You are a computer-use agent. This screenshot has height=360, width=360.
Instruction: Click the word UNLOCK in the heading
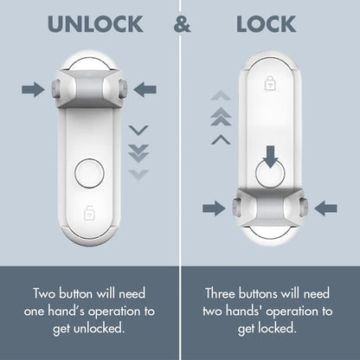95,23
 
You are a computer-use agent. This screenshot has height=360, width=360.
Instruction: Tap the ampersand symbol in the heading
183,23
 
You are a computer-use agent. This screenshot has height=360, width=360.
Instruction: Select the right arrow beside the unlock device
145,88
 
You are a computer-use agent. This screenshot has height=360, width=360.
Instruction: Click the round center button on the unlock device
89,173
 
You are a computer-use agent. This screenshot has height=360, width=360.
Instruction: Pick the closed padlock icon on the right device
269,83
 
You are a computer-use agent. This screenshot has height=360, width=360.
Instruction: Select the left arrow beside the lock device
213,208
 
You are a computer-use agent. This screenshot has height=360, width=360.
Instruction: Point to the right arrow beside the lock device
325,208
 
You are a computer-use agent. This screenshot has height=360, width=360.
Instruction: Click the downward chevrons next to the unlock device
138,151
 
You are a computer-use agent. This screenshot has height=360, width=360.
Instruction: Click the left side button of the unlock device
54,88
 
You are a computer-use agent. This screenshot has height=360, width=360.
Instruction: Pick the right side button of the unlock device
124,88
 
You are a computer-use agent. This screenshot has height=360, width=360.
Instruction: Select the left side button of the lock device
234,208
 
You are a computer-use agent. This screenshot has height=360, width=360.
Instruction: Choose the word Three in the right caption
224,292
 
